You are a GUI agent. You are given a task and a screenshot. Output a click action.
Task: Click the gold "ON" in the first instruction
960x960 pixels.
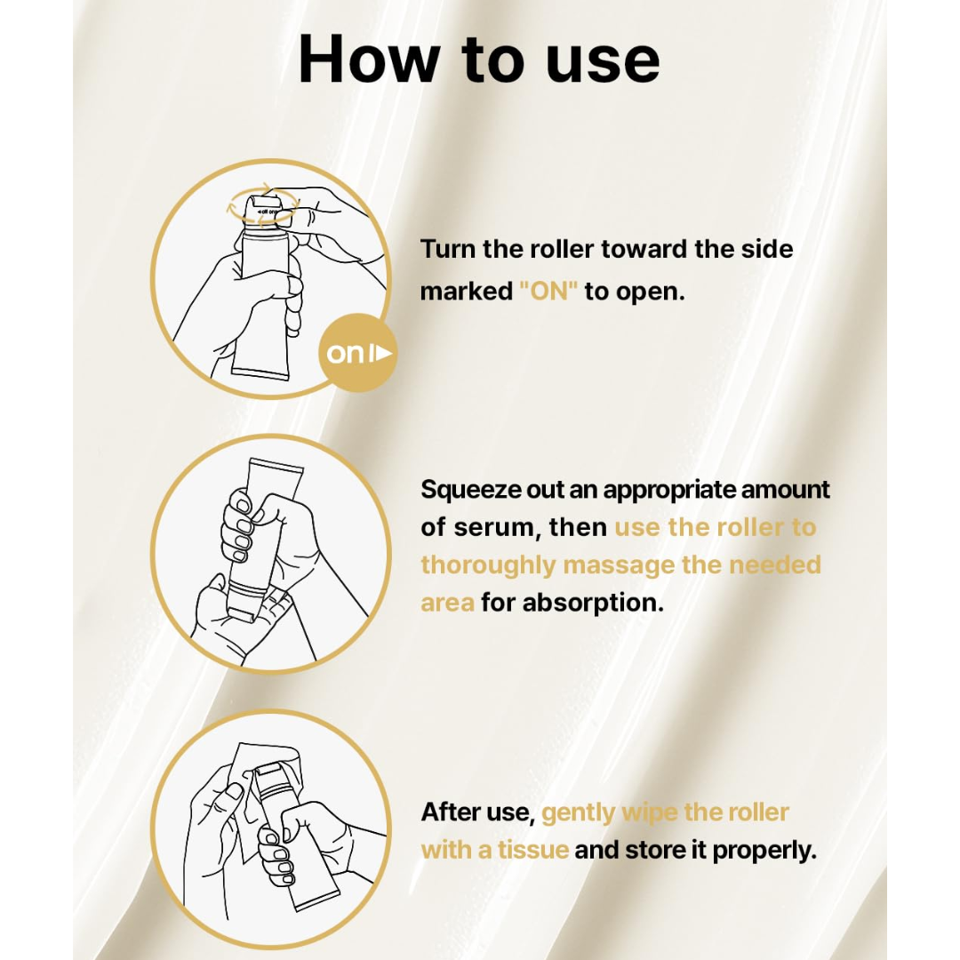548,291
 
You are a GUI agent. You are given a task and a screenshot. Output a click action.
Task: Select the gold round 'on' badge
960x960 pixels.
357,353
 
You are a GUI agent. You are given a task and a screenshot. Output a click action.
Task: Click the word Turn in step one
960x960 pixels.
447,249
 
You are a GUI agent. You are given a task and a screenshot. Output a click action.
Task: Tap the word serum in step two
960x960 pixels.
494,527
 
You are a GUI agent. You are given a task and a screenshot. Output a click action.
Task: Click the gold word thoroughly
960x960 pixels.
487,565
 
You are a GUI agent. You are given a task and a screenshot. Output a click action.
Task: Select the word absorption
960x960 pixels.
593,603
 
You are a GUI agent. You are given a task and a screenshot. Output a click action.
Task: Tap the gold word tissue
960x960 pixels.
533,850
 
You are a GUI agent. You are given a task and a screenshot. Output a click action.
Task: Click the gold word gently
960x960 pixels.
579,813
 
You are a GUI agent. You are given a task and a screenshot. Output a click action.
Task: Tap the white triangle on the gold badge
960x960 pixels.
383,353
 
